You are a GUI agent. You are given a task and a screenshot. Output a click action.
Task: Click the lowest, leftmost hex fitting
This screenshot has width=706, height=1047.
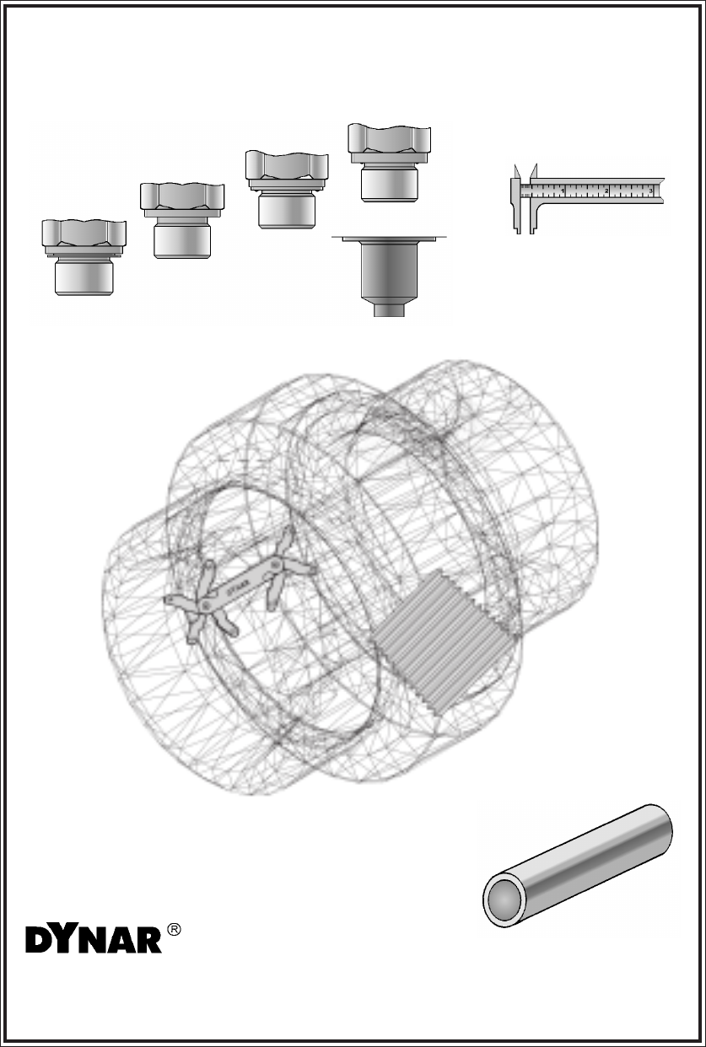[x=84, y=257]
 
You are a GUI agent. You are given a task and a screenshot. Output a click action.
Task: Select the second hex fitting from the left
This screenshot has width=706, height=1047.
[x=182, y=221]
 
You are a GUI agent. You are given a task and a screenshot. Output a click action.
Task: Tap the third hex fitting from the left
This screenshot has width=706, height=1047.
[x=287, y=190]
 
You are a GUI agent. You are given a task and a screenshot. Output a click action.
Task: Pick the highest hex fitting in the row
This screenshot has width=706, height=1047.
[x=389, y=163]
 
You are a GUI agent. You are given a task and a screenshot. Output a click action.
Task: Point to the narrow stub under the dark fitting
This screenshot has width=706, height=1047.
[x=389, y=310]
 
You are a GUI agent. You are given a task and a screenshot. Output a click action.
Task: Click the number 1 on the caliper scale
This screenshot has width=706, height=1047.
[x=563, y=191]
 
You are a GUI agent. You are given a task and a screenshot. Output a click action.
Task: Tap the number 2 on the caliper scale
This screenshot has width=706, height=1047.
[x=606, y=191]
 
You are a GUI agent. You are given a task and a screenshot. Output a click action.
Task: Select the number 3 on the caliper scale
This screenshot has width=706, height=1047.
[x=650, y=191]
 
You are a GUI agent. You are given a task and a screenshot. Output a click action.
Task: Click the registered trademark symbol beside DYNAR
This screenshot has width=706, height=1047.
[x=174, y=930]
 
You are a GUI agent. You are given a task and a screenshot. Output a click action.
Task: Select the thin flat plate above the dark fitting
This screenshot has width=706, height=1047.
[x=389, y=239]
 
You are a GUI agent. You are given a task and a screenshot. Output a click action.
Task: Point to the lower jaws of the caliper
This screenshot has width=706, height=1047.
[x=524, y=216]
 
